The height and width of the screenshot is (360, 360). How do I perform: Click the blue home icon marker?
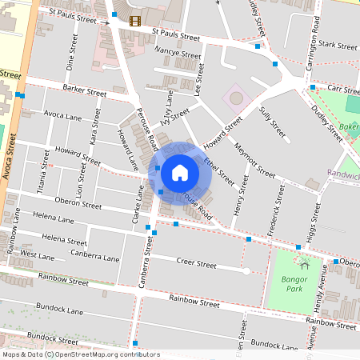180,172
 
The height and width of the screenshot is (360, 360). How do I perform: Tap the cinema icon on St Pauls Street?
134,21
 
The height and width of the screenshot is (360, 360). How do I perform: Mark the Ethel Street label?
214,170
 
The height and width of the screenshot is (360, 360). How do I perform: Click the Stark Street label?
336,47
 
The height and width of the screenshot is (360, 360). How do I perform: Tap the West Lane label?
38,254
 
